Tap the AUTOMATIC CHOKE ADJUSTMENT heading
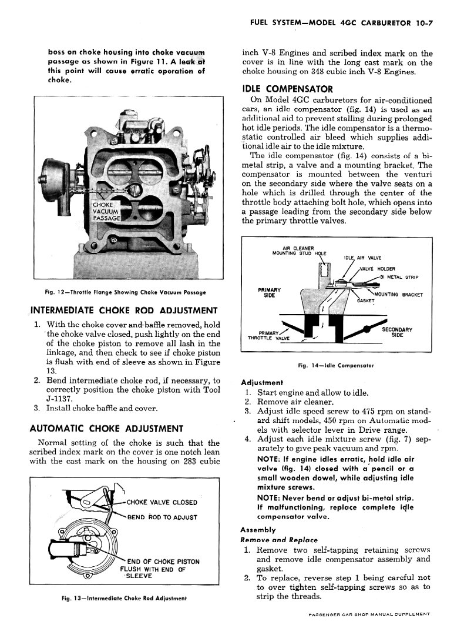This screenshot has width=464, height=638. click(x=106, y=428)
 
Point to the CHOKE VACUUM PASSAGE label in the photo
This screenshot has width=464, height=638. click(x=106, y=211)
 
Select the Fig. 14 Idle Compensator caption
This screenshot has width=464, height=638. click(x=336, y=365)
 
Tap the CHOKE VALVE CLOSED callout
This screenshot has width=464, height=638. click(x=162, y=502)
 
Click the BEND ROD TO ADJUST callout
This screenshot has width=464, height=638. click(x=162, y=517)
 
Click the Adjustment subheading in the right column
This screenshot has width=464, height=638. click(x=262, y=382)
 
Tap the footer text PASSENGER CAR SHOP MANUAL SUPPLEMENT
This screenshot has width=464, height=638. click(x=368, y=614)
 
